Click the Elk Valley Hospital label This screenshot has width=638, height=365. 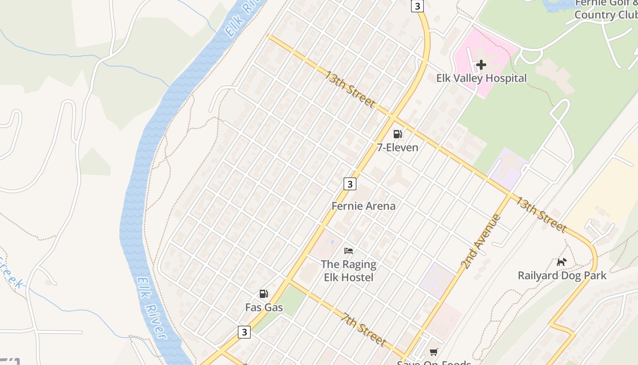[481, 78]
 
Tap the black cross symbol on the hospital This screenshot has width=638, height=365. [481, 65]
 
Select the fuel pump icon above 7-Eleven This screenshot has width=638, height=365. [397, 134]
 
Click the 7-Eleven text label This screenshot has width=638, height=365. [397, 147]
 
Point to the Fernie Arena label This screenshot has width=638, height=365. [363, 206]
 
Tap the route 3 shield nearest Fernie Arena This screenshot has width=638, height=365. [350, 184]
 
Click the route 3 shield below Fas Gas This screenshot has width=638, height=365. [244, 332]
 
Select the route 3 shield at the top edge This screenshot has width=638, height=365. [417, 6]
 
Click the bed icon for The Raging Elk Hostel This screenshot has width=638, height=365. [349, 250]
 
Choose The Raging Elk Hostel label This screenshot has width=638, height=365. [349, 271]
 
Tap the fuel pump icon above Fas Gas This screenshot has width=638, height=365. [264, 294]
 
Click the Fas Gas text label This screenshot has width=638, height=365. [264, 308]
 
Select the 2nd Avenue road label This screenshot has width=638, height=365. [480, 241]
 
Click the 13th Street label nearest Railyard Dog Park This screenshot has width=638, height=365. [541, 214]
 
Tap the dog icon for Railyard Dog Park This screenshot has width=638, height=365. [562, 262]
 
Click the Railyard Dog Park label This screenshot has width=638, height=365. [562, 276]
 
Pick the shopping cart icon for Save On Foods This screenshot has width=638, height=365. [433, 352]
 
